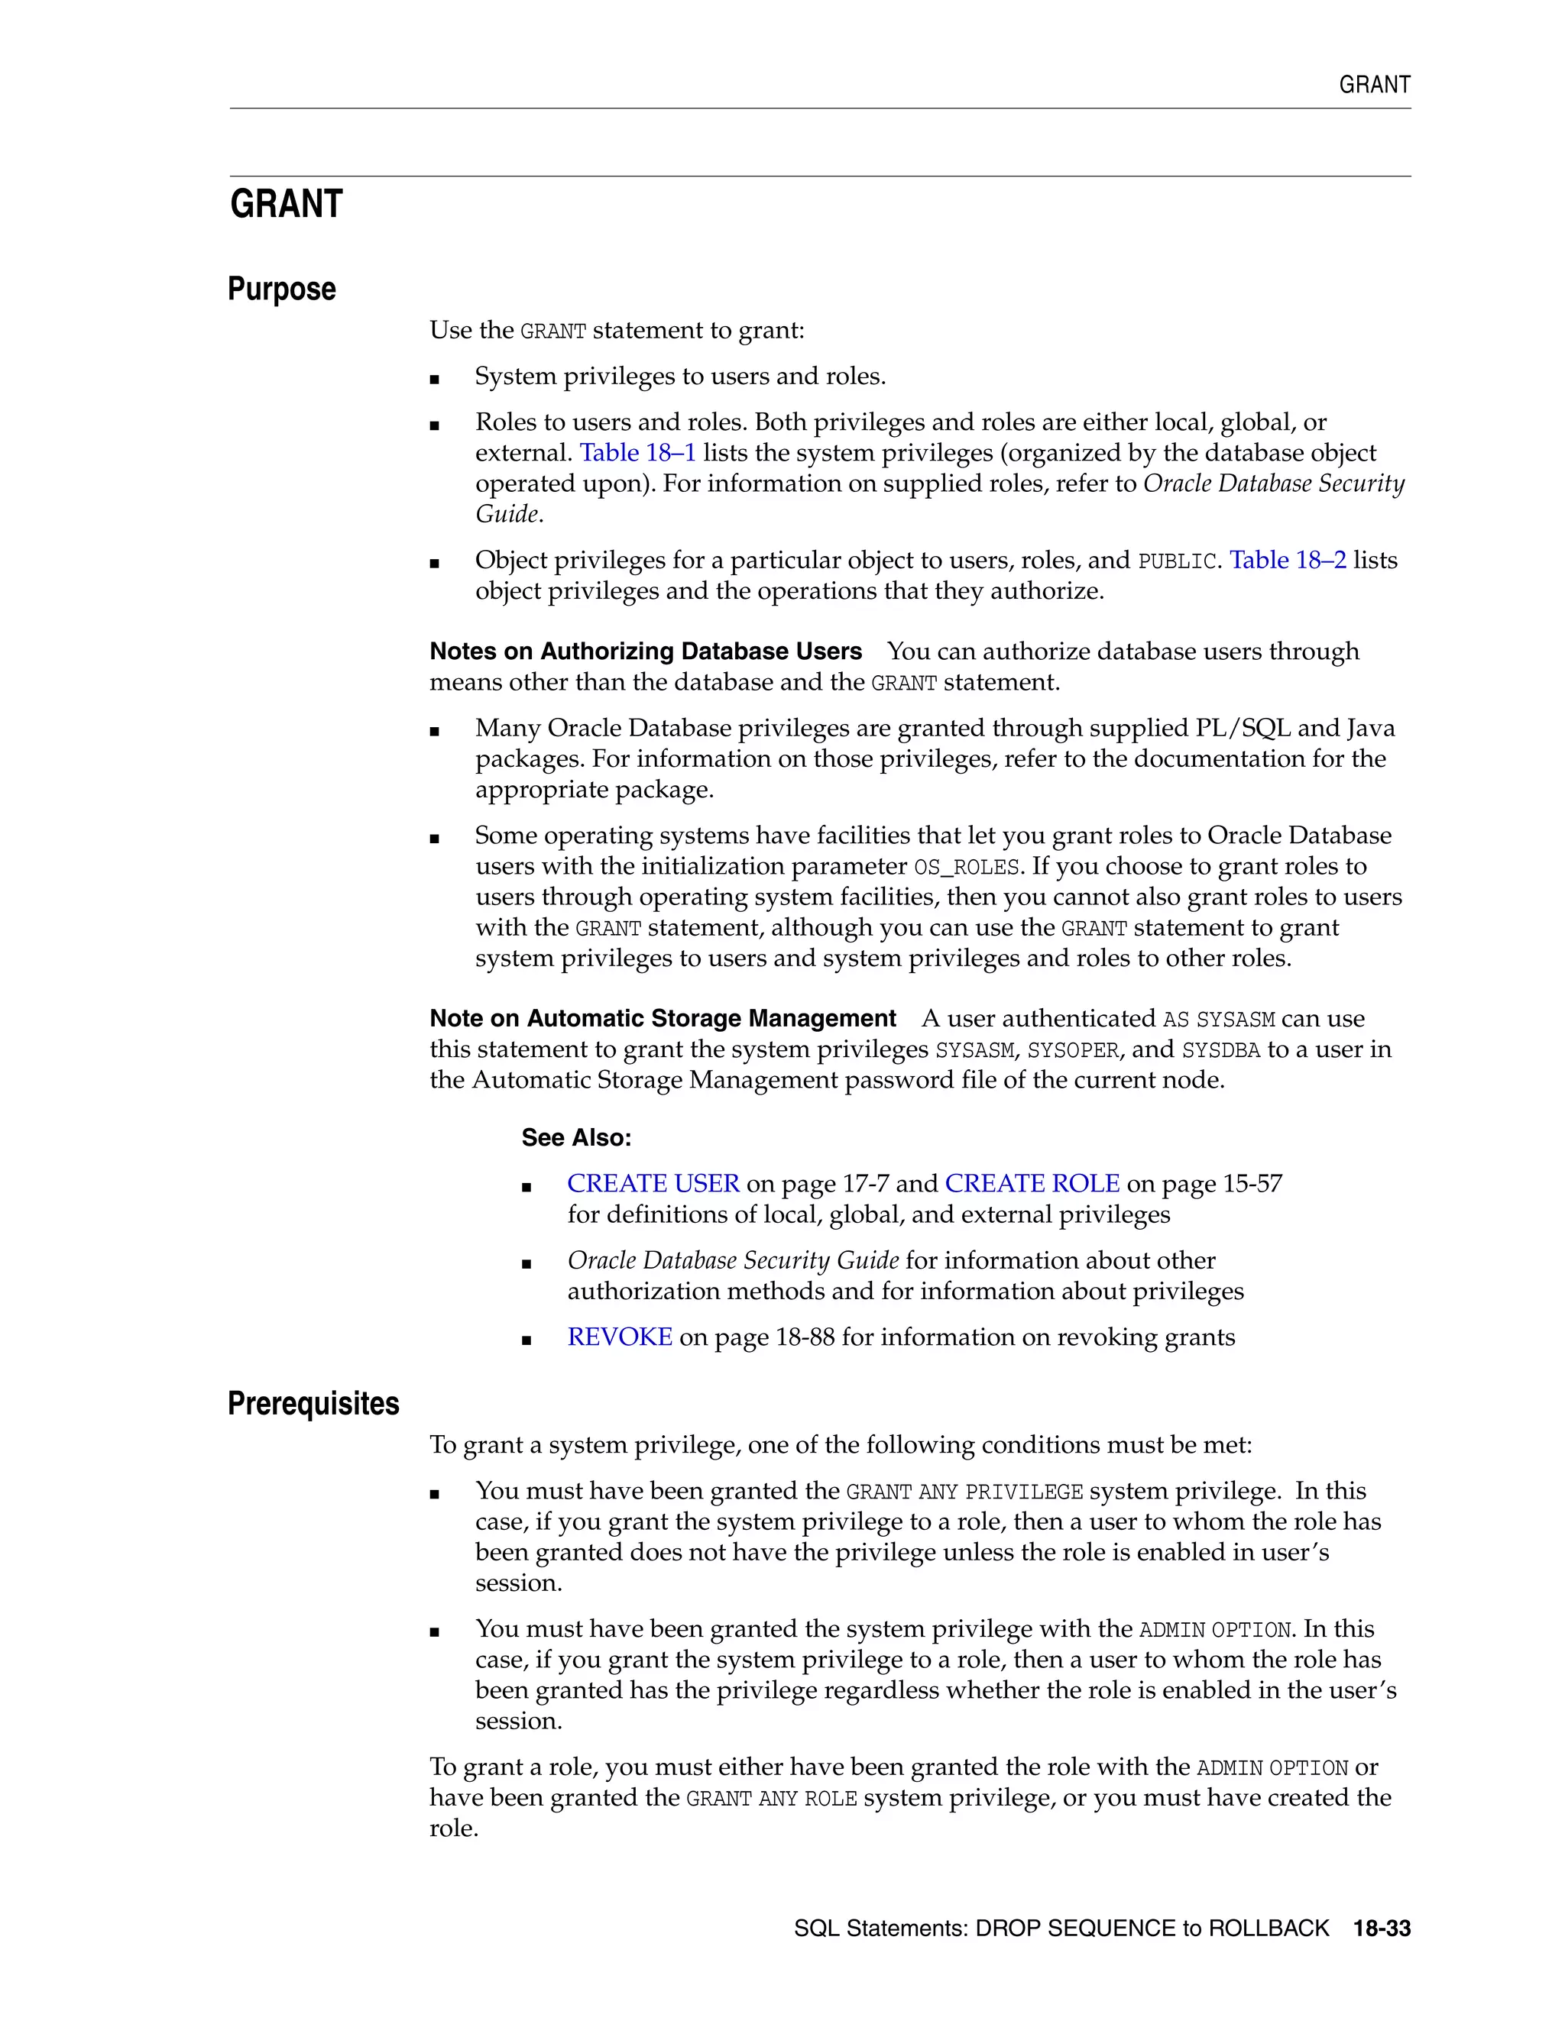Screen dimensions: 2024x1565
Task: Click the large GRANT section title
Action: click(287, 204)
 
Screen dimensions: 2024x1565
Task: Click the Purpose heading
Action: click(282, 289)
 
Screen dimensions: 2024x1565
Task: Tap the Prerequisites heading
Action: click(313, 1403)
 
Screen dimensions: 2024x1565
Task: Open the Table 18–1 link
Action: click(637, 453)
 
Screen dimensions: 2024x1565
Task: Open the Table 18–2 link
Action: click(1287, 561)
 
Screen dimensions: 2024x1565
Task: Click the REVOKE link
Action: click(619, 1337)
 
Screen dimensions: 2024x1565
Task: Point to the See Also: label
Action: click(575, 1138)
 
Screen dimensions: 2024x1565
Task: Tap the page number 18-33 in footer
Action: click(1382, 1929)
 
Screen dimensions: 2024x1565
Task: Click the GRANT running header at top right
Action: click(1374, 86)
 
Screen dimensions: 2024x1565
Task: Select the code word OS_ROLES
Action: click(966, 868)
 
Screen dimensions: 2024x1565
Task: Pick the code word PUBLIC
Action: click(1175, 561)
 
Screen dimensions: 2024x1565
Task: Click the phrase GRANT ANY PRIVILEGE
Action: click(964, 1492)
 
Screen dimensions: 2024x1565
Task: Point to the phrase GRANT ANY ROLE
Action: click(771, 1799)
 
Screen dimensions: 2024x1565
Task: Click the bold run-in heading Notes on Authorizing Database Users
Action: click(645, 651)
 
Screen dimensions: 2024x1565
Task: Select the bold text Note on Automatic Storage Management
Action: click(662, 1018)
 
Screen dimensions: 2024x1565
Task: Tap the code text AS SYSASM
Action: click(1218, 1020)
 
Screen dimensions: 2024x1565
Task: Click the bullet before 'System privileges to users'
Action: click(435, 379)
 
